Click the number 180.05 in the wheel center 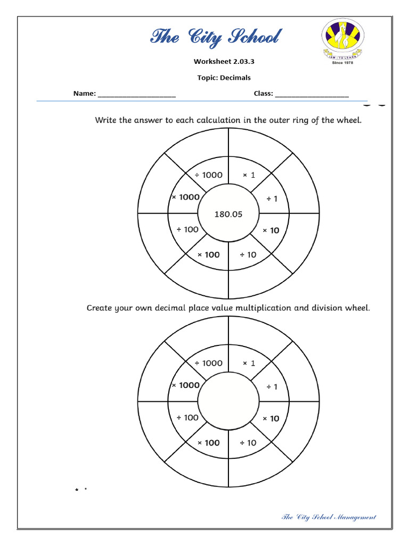(228, 214)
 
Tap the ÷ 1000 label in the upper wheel (208, 175)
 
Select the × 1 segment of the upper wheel (249, 175)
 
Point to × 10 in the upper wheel (271, 230)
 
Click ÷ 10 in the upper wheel (248, 254)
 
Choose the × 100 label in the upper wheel (209, 254)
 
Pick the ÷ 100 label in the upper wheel (187, 229)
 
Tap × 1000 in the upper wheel (185, 197)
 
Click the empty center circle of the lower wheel (228, 402)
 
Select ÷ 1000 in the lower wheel (208, 363)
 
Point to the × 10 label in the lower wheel (271, 418)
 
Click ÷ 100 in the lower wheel (187, 418)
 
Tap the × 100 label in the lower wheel (209, 443)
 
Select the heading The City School (215, 37)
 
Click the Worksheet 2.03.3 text (224, 62)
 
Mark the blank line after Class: (312, 94)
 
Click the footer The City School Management (329, 517)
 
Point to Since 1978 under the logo (342, 62)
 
